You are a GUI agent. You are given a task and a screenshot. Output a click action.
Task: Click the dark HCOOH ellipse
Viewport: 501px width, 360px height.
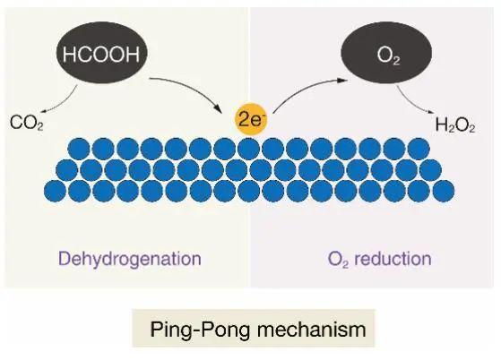[x=102, y=54]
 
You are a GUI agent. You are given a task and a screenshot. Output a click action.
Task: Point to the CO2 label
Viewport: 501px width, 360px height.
[x=26, y=123]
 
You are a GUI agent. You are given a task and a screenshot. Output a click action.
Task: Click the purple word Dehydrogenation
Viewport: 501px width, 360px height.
[x=129, y=260]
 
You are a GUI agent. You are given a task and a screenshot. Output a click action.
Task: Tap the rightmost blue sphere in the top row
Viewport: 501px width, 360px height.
[x=419, y=148]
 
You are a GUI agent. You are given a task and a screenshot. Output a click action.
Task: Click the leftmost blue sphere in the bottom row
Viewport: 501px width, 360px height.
[x=56, y=190]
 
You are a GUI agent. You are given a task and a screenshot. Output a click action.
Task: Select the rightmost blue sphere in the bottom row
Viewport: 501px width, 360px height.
[x=443, y=190]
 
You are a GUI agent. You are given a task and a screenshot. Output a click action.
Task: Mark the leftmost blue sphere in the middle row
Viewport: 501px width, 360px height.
[x=67, y=169]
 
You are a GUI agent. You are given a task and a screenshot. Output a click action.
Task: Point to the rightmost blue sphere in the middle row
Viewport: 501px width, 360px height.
[x=431, y=169]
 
